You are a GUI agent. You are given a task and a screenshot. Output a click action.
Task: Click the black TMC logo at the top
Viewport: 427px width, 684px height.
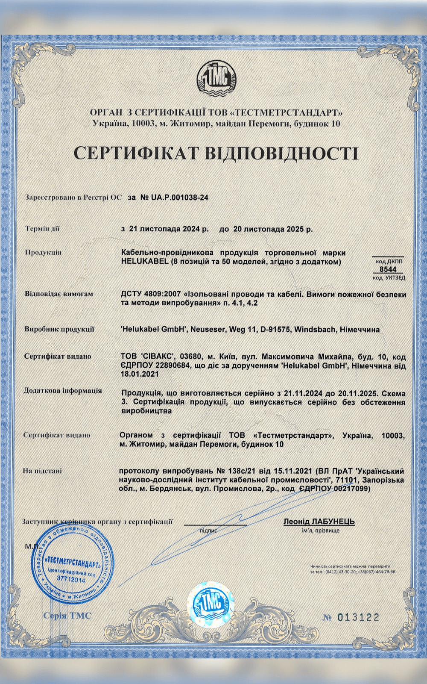pyautogui.click(x=216, y=79)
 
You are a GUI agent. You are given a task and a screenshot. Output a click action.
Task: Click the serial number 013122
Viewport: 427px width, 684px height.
pyautogui.click(x=358, y=617)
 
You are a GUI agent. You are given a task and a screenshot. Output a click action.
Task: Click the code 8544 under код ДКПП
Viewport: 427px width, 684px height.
pyautogui.click(x=388, y=269)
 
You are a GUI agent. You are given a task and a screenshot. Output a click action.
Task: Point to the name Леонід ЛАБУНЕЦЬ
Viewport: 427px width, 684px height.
pyautogui.click(x=319, y=522)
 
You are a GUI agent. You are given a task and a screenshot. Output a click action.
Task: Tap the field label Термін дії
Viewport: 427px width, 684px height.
pyautogui.click(x=42, y=229)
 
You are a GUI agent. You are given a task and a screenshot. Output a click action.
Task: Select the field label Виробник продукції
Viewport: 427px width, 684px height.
pyautogui.click(x=59, y=329)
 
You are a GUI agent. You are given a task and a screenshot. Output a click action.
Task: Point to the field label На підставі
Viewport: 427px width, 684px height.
pyautogui.click(x=43, y=471)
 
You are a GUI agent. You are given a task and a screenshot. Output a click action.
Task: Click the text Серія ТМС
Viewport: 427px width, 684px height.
pyautogui.click(x=67, y=616)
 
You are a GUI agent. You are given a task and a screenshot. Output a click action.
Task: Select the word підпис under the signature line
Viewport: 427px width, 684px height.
pyautogui.click(x=208, y=530)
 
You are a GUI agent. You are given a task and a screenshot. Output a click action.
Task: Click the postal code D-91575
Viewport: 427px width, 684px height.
pyautogui.click(x=264, y=330)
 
